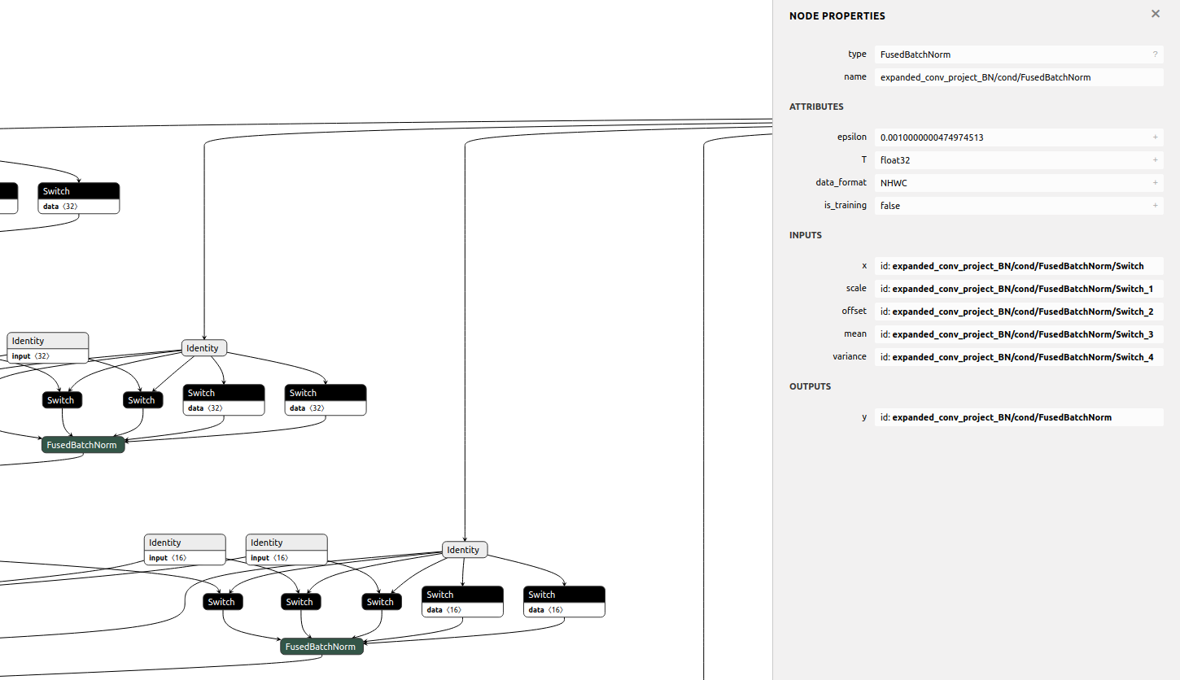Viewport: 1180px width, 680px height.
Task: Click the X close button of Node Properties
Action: click(x=1155, y=14)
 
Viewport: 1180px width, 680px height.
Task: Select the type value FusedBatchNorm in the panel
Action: click(x=916, y=54)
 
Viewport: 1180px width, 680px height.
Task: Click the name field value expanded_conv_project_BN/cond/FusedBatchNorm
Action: click(x=985, y=77)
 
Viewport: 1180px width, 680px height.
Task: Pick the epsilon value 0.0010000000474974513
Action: click(x=931, y=137)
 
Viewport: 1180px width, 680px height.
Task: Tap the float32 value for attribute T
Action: click(x=895, y=160)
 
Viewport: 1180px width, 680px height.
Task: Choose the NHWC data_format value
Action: click(x=894, y=183)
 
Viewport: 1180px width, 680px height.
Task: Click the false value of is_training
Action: click(x=890, y=206)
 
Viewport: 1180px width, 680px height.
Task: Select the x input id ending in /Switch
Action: click(x=1012, y=266)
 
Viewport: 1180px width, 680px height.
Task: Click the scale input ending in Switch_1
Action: click(x=1016, y=289)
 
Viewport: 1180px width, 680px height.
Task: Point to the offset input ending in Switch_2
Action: click(x=1016, y=312)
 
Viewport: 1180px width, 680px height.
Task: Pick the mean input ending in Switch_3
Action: click(x=1016, y=334)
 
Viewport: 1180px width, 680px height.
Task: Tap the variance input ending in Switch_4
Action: click(x=1016, y=357)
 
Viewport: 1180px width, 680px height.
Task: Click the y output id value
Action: click(x=995, y=417)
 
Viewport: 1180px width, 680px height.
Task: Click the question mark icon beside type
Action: click(x=1154, y=54)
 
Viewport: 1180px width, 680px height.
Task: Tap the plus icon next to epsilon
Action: click(x=1155, y=137)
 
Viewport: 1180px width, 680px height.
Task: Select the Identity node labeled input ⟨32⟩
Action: click(x=47, y=347)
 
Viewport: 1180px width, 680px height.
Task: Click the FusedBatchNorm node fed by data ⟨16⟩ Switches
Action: click(x=321, y=647)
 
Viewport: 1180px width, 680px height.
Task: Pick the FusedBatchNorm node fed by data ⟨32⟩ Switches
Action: click(x=82, y=445)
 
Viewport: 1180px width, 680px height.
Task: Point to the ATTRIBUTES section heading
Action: click(x=816, y=107)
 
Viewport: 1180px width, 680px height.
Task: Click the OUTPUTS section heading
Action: click(x=810, y=386)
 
